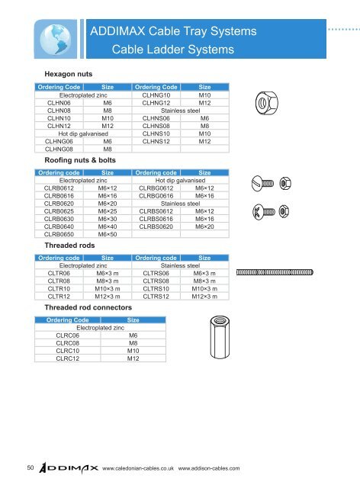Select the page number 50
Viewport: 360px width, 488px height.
(x=27, y=467)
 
